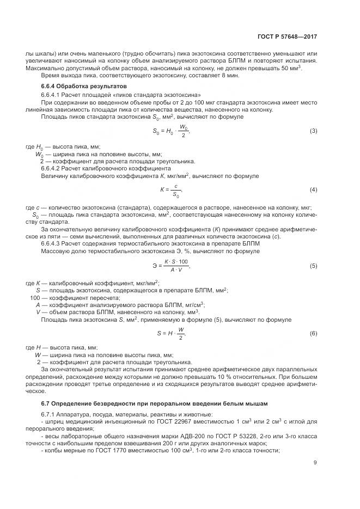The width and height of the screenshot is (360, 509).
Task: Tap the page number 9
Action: (315, 463)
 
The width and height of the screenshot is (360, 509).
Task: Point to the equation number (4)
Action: (313, 189)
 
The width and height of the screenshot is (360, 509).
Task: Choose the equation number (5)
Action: (313, 266)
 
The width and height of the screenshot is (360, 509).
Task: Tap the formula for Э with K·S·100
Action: (171, 266)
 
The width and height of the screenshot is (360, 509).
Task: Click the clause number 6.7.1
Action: (49, 415)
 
